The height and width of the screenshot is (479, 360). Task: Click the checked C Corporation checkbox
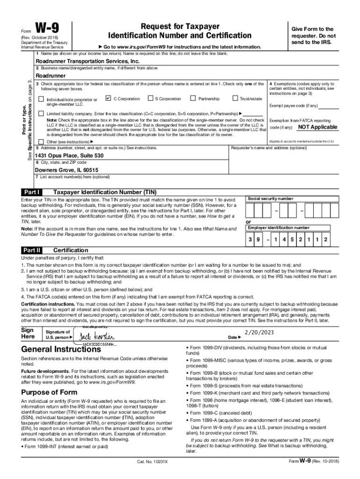point(108,98)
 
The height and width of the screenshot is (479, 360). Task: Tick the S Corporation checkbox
point(150,98)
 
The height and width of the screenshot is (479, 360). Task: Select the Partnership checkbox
point(193,98)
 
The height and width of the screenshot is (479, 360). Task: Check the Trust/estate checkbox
point(235,98)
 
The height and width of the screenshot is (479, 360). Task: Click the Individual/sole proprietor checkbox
point(41,99)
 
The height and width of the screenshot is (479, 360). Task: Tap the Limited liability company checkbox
point(41,114)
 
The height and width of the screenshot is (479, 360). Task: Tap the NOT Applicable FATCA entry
point(317,127)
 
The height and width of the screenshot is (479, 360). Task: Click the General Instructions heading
point(61,349)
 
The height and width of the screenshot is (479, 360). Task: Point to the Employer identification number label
point(279,228)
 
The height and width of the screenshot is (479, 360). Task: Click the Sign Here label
point(29,333)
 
